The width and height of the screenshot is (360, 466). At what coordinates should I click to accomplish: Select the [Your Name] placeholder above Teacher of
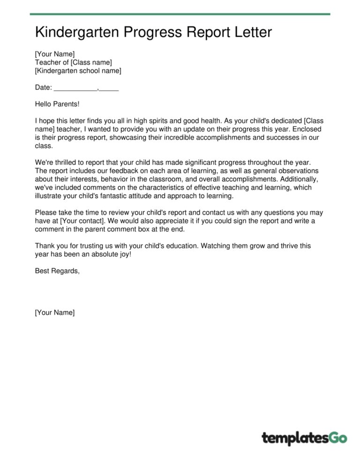click(54, 54)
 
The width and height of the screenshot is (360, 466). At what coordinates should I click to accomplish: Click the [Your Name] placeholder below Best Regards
click(54, 313)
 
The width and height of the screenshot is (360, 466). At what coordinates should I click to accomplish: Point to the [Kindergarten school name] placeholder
click(78, 71)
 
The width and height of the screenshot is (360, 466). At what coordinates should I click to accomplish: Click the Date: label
click(44, 87)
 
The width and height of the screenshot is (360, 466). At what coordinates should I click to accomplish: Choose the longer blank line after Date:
click(75, 88)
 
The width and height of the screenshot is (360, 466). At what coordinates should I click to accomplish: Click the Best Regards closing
click(57, 271)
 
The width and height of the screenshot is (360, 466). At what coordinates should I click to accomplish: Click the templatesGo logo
click(304, 438)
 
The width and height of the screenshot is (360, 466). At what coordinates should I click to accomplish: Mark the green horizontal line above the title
click(180, 14)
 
